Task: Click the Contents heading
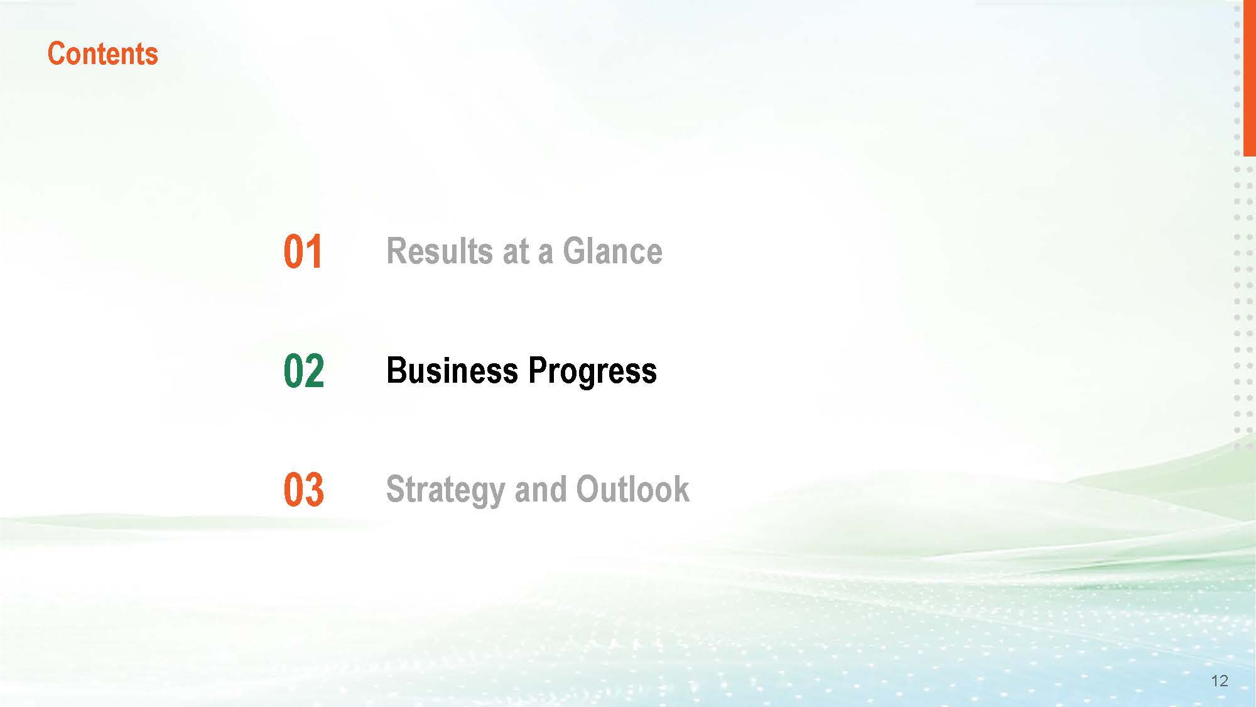[x=103, y=54]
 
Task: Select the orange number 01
[x=303, y=252]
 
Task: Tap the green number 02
[x=304, y=371]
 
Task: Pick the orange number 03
[x=304, y=490]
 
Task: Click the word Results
[x=439, y=251]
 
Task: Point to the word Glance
[x=612, y=251]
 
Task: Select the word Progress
[x=592, y=372]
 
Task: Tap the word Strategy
[x=445, y=491]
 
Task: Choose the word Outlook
[x=632, y=489]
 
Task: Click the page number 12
[x=1220, y=681]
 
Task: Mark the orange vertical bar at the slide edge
[x=1249, y=78]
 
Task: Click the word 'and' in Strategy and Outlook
[x=540, y=489]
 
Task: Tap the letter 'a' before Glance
[x=545, y=255]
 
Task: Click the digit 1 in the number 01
[x=314, y=252]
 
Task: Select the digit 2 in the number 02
[x=315, y=371]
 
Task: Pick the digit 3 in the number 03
[x=315, y=490]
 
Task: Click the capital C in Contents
[x=57, y=54]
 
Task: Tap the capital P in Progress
[x=538, y=370]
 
